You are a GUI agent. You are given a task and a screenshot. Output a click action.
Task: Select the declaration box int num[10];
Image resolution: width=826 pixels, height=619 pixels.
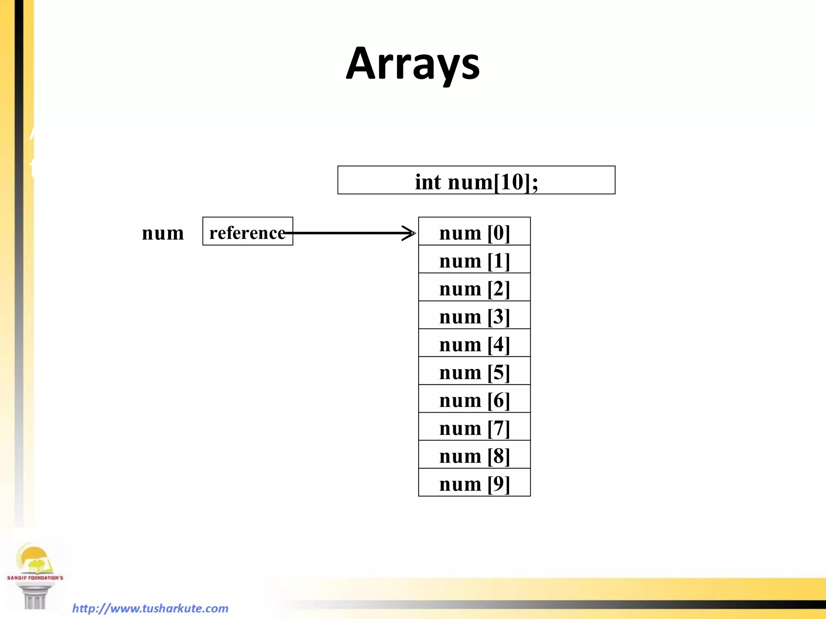click(x=476, y=180)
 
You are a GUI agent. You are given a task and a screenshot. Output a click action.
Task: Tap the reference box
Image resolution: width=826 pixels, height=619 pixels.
click(x=247, y=231)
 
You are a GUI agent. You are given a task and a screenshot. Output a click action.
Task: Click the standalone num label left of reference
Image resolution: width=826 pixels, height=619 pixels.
click(x=163, y=233)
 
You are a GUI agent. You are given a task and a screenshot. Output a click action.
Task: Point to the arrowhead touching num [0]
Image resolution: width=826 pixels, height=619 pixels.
click(x=411, y=233)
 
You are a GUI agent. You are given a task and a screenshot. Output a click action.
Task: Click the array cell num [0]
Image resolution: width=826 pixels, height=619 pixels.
click(x=474, y=232)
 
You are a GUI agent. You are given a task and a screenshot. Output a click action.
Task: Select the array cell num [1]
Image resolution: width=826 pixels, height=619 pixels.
click(x=474, y=260)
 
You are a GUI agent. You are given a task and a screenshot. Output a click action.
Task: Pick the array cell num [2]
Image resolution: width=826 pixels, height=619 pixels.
click(x=474, y=287)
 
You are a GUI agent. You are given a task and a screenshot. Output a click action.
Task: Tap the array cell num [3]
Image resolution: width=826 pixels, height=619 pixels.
click(x=474, y=315)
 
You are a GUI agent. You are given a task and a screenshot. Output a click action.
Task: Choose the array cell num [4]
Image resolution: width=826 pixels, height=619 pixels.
click(x=474, y=343)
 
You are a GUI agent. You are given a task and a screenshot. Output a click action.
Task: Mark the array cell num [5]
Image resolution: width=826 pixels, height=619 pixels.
click(x=474, y=371)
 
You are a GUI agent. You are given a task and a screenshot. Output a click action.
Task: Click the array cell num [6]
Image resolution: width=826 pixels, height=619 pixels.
click(x=474, y=399)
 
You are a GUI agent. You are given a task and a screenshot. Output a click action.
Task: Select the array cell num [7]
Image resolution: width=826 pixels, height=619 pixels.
click(x=474, y=427)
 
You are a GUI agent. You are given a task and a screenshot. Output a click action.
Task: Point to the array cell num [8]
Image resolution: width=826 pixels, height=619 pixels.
click(x=474, y=455)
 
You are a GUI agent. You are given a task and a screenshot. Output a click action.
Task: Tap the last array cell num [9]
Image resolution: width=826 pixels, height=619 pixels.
click(x=474, y=482)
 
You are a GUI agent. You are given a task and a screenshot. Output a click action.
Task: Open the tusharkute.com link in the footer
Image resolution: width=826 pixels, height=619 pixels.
click(x=150, y=608)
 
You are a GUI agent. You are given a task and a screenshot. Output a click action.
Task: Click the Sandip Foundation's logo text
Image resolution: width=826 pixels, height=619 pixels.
click(x=35, y=578)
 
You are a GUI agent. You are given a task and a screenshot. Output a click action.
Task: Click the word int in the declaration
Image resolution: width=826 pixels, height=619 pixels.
click(x=428, y=182)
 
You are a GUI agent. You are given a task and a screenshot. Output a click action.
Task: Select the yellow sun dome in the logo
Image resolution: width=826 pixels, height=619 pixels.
click(x=34, y=556)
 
